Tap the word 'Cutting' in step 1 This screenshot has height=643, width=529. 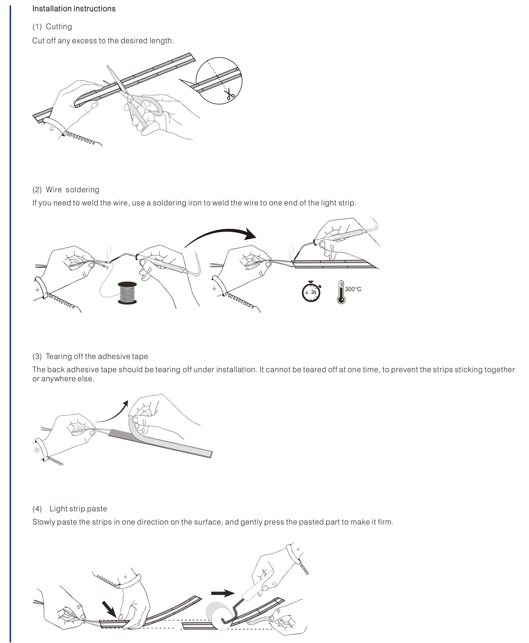coord(59,27)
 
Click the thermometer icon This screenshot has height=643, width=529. coord(341,292)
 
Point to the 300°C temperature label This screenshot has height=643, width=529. coord(353,289)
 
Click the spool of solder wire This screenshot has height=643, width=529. coord(127,293)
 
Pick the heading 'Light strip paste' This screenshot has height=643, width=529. coord(78,509)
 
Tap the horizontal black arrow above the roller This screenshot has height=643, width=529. coord(222,593)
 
